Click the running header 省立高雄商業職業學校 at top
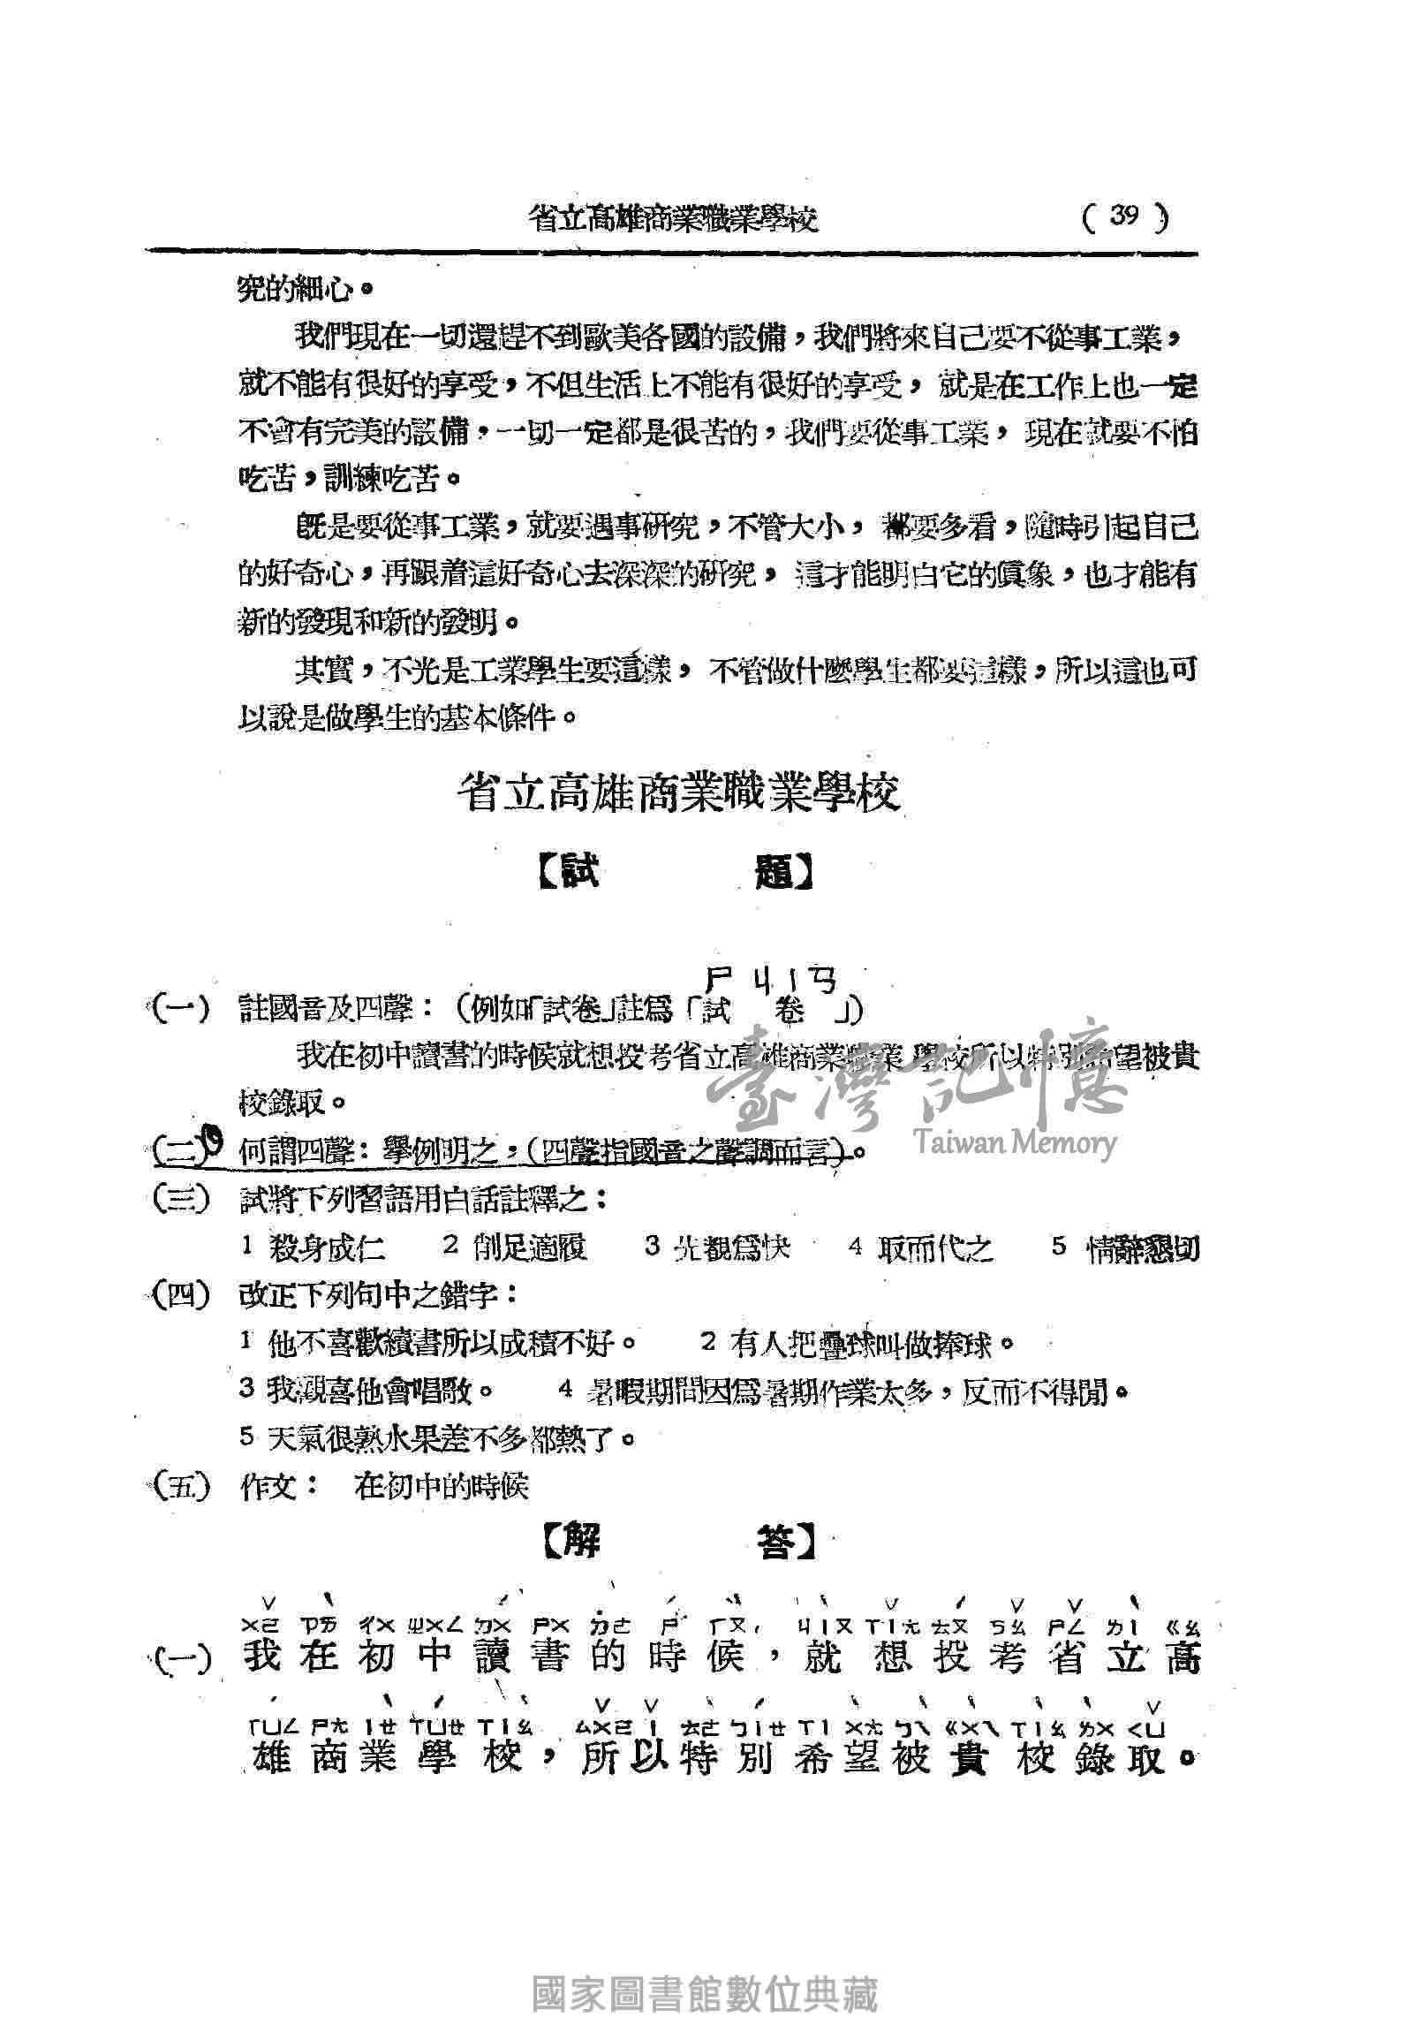pos(672,218)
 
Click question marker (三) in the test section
pos(180,1200)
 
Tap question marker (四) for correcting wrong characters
pos(180,1296)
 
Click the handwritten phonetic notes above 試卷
pos(770,977)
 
